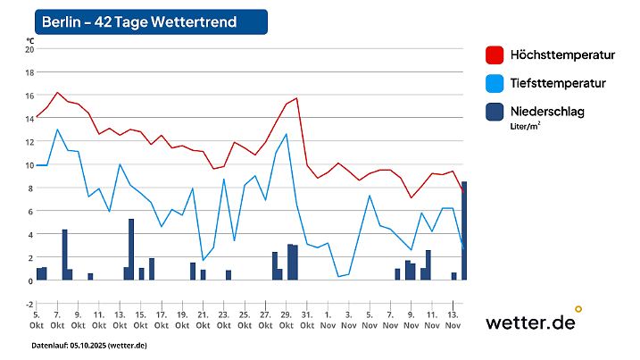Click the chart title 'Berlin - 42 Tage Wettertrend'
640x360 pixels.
tap(139, 21)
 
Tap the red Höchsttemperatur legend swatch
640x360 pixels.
tap(494, 54)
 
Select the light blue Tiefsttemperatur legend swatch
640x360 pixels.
tap(494, 83)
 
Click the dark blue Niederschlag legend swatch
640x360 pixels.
tap(494, 112)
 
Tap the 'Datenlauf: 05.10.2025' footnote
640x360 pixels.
tap(89, 345)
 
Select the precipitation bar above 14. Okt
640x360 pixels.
tap(131, 249)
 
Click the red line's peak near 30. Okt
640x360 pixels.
tap(295, 98)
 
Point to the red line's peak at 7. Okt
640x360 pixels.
tap(57, 92)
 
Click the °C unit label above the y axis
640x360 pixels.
tap(29, 40)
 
